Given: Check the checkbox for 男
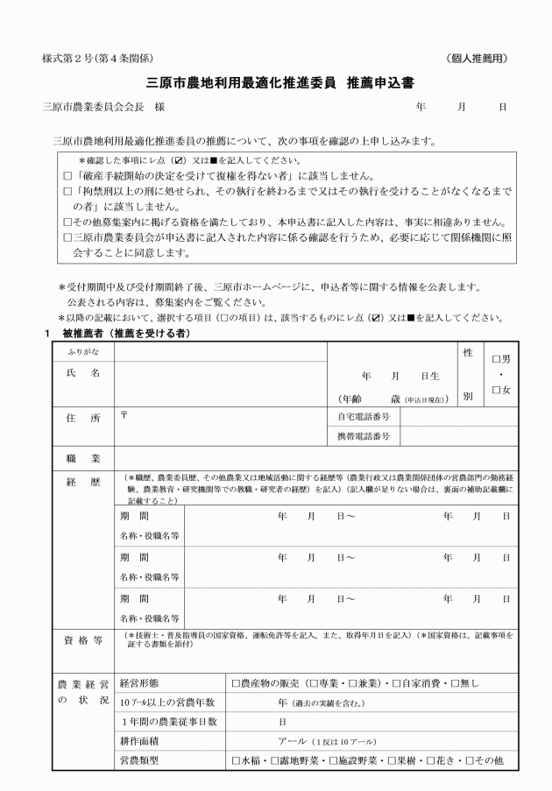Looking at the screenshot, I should (497, 358).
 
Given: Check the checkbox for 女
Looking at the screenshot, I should (497, 390).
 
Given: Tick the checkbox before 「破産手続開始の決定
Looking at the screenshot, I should (68, 175).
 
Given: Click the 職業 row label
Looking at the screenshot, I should (83, 458).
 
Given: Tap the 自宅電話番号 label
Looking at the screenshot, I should (364, 418).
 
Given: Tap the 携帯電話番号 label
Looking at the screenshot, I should (364, 435).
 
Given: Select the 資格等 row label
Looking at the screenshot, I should (83, 639).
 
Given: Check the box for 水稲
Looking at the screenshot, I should (235, 760).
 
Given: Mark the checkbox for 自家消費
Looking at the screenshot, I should (397, 682).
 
